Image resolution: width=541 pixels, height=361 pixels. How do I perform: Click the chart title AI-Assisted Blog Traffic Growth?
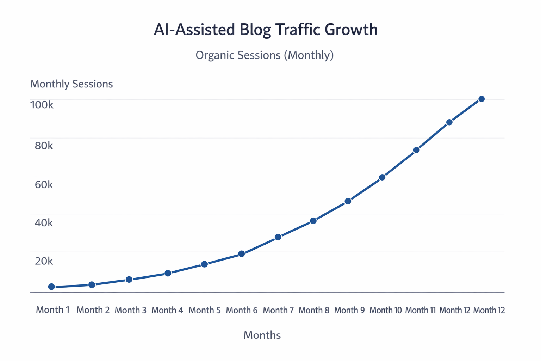pyautogui.click(x=266, y=30)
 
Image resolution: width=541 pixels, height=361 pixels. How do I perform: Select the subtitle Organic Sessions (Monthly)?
pyautogui.click(x=265, y=55)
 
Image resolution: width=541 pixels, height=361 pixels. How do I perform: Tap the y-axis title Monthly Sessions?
pyautogui.click(x=71, y=84)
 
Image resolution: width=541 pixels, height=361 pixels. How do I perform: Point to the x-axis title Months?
pyautogui.click(x=262, y=335)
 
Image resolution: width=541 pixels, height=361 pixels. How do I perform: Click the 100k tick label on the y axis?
pyautogui.click(x=42, y=105)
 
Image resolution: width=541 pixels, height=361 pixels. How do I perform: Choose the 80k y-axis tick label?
pyautogui.click(x=44, y=146)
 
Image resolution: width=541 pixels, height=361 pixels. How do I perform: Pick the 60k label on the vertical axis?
pyautogui.click(x=44, y=184)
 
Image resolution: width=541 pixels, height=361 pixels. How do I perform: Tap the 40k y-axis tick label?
pyautogui.click(x=44, y=223)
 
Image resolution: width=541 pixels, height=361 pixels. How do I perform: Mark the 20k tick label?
pyautogui.click(x=44, y=261)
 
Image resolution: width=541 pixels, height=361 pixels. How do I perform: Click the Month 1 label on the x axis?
pyautogui.click(x=53, y=310)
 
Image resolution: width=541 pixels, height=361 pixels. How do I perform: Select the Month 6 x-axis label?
pyautogui.click(x=242, y=310)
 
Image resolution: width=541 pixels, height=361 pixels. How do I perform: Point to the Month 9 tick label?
pyautogui.click(x=349, y=310)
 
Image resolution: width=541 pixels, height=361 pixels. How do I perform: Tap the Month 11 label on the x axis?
pyautogui.click(x=420, y=310)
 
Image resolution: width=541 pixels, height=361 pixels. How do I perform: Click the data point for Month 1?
pyautogui.click(x=52, y=287)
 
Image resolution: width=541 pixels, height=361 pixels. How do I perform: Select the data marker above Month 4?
pyautogui.click(x=168, y=273)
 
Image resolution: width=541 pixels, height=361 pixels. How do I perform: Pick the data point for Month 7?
pyautogui.click(x=278, y=237)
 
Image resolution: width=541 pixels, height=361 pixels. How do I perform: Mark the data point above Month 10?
pyautogui.click(x=382, y=177)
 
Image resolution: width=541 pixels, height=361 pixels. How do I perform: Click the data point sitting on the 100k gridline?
pyautogui.click(x=481, y=99)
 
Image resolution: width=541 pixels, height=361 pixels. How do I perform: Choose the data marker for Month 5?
pyautogui.click(x=204, y=264)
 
